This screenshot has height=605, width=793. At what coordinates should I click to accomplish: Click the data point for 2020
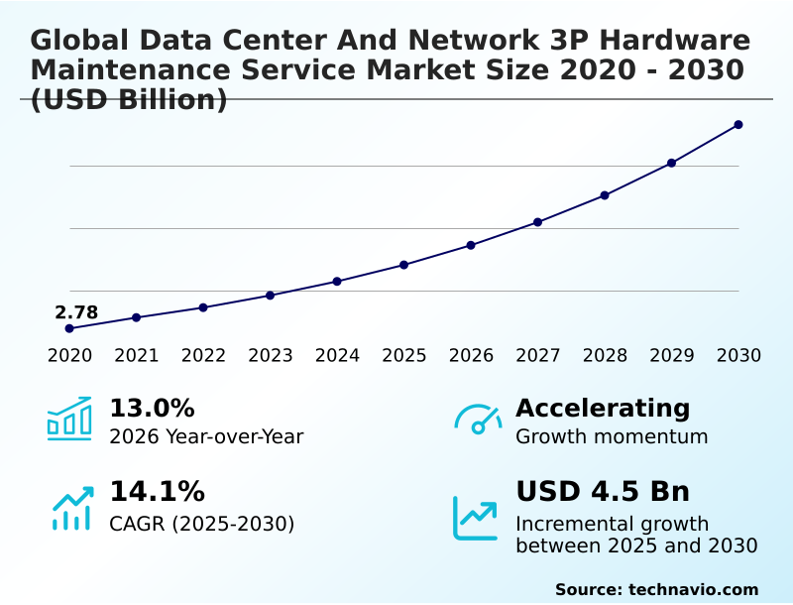69,328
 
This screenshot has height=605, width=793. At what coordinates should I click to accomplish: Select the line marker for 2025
404,265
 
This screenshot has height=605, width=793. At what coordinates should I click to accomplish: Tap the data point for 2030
738,125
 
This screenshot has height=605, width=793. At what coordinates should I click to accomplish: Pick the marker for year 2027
538,222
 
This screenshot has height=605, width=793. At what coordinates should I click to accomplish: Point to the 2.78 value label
76,313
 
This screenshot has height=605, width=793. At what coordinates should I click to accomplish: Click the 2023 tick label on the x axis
271,356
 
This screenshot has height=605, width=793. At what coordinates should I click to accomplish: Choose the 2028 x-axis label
605,356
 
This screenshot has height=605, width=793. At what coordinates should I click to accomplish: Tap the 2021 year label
137,356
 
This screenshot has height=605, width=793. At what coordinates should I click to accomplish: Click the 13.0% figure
152,409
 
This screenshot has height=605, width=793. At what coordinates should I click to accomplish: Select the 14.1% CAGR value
157,492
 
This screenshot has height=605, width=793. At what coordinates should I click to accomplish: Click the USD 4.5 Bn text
603,492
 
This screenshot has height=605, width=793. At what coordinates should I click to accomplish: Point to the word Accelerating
603,409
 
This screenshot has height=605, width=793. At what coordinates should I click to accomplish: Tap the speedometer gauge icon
478,420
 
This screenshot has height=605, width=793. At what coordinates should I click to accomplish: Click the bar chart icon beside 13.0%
69,419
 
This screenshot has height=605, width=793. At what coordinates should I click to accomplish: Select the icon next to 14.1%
71,508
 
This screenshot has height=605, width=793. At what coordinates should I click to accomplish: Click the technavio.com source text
693,589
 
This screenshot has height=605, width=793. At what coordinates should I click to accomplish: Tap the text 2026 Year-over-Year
206,436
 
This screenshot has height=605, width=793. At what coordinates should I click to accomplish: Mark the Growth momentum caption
612,436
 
